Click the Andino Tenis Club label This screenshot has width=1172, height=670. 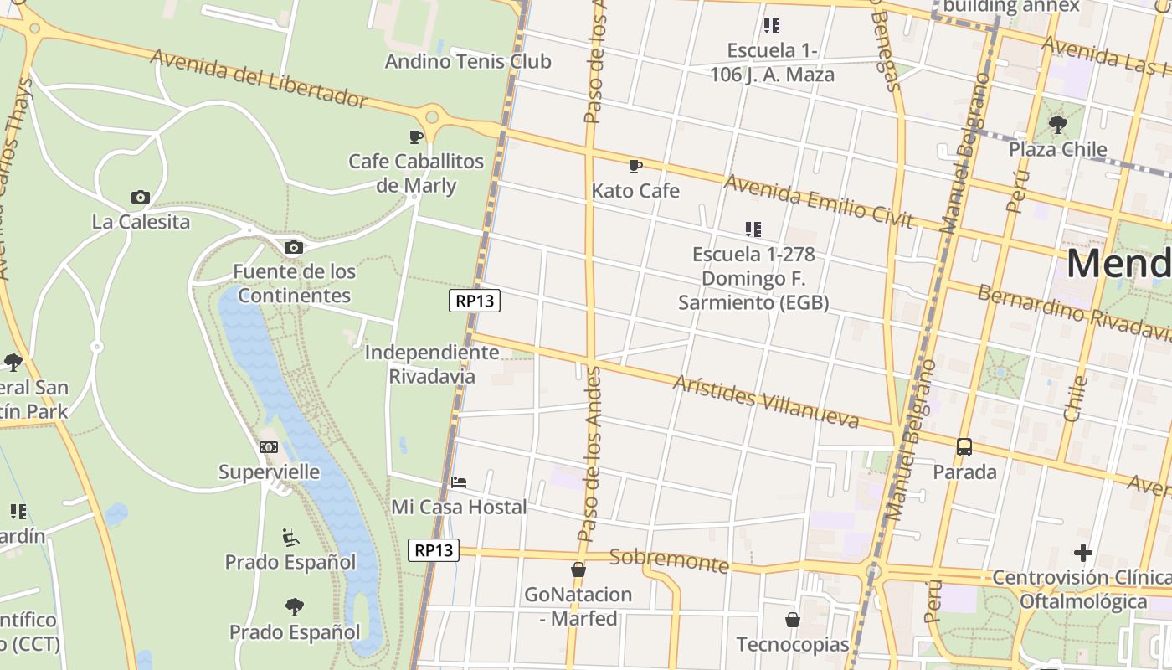(468, 61)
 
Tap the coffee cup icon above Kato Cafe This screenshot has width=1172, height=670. (635, 166)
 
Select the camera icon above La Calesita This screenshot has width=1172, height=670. (141, 198)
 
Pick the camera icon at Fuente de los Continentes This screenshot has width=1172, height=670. (294, 247)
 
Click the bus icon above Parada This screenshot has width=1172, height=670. (964, 447)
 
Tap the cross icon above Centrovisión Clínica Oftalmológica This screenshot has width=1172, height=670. (1083, 553)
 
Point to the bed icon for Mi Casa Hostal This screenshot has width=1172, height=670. (459, 482)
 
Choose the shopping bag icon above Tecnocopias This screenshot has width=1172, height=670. (793, 621)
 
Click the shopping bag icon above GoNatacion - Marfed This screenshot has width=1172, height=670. (578, 569)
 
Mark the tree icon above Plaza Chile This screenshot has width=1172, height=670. (1058, 125)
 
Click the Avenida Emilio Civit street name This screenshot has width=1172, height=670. (818, 201)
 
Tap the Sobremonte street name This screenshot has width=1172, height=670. (670, 560)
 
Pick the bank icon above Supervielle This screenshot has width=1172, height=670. (269, 447)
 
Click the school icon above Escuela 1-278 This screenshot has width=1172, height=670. (753, 229)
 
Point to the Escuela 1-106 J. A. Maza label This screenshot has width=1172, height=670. (772, 63)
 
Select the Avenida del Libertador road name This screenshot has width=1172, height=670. (260, 79)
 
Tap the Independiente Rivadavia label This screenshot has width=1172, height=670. (432, 364)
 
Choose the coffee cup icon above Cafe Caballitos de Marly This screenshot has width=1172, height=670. (416, 137)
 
